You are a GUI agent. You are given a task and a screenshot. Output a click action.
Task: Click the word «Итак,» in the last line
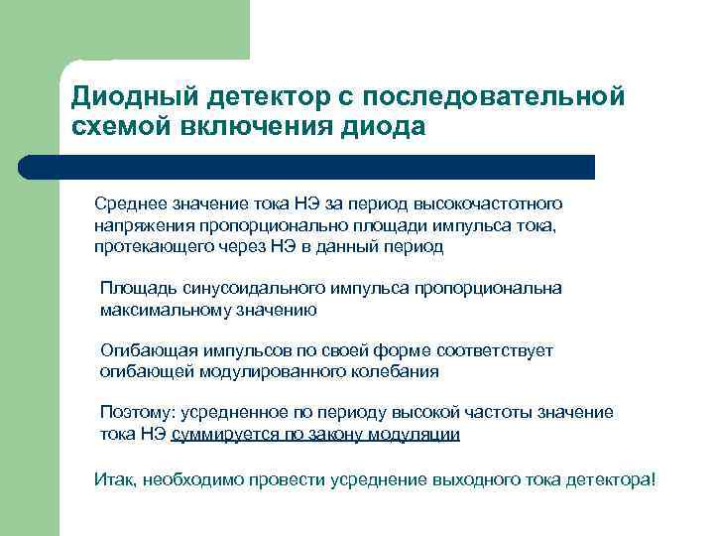(x=116, y=479)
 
